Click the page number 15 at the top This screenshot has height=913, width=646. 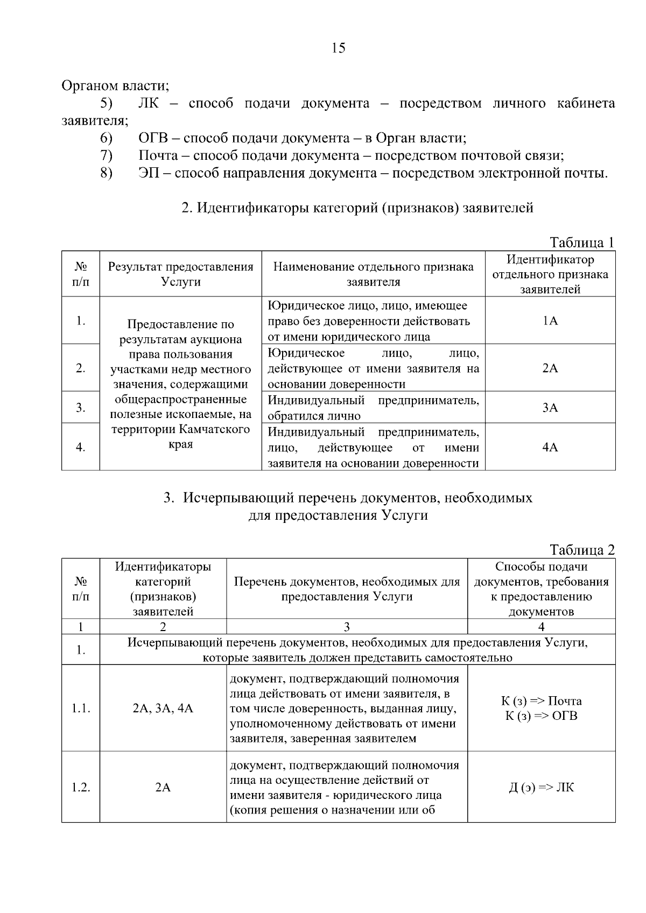point(338,48)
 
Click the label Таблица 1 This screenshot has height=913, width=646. point(581,243)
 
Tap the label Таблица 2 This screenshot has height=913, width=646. point(581,550)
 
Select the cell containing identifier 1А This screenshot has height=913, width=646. point(550,321)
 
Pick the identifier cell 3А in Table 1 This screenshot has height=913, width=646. point(550,408)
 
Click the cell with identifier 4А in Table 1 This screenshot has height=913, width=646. point(550,448)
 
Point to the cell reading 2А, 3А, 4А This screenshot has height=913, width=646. point(163,709)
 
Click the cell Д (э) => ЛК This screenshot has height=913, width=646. point(541,788)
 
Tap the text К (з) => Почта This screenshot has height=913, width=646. point(541,701)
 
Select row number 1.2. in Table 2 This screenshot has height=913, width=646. point(81,788)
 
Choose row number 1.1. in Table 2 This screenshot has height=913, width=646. point(81,709)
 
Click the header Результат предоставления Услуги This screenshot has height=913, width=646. point(180,274)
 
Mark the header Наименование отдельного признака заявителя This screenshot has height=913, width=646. point(373,274)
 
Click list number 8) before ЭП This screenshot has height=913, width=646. point(106,173)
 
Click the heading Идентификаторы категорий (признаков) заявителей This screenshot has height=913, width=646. point(357,208)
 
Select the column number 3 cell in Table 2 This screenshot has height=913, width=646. point(347,627)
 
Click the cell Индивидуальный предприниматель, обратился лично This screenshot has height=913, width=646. point(373,408)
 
